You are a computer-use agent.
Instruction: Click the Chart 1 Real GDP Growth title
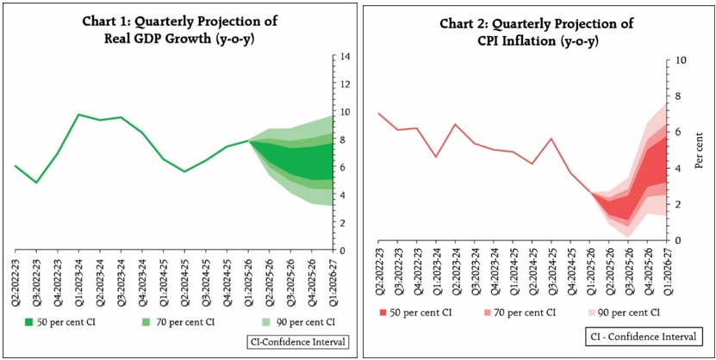[180, 29]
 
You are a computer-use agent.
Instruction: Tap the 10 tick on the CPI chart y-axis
[681, 61]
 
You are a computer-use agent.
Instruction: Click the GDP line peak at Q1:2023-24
[78, 115]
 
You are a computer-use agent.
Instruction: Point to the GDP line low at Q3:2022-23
[36, 183]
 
